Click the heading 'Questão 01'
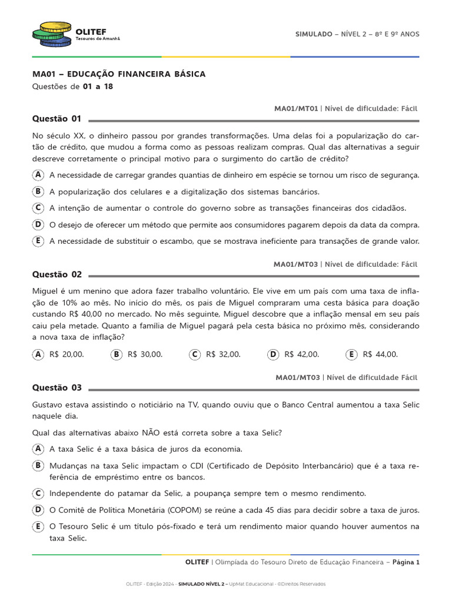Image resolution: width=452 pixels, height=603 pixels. (56, 118)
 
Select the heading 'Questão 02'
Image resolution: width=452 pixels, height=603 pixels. (56, 274)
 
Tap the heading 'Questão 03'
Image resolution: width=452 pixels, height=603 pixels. (56, 387)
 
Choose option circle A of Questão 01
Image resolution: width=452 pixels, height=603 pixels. (38, 175)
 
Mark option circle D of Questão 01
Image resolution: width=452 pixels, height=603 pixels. (38, 224)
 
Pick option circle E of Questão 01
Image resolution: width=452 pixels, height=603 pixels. (38, 241)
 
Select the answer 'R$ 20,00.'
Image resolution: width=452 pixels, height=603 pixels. (67, 354)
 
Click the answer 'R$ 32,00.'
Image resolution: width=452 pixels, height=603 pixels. (223, 354)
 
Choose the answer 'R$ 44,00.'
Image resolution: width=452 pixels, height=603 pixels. (380, 354)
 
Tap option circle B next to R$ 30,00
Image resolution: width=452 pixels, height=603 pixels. (116, 354)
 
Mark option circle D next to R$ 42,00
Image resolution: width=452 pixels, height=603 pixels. (272, 354)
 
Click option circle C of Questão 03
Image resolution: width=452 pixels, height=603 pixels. (38, 493)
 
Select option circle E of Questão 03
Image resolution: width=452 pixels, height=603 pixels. (38, 526)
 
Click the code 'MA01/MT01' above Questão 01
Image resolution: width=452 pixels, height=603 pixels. (296, 108)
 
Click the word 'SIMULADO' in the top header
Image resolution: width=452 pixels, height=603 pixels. (314, 34)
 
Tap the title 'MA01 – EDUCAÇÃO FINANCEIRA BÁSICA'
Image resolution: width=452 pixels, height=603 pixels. (119, 74)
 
